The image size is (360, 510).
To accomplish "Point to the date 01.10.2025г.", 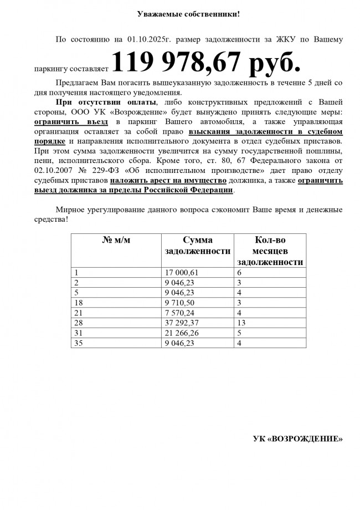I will click(147, 39).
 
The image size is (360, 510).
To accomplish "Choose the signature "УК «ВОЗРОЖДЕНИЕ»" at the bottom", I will click(297, 438).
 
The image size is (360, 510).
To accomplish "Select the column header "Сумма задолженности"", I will click(197, 246).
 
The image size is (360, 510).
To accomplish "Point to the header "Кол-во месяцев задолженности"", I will click(270, 251).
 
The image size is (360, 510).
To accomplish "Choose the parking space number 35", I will click(78, 343).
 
